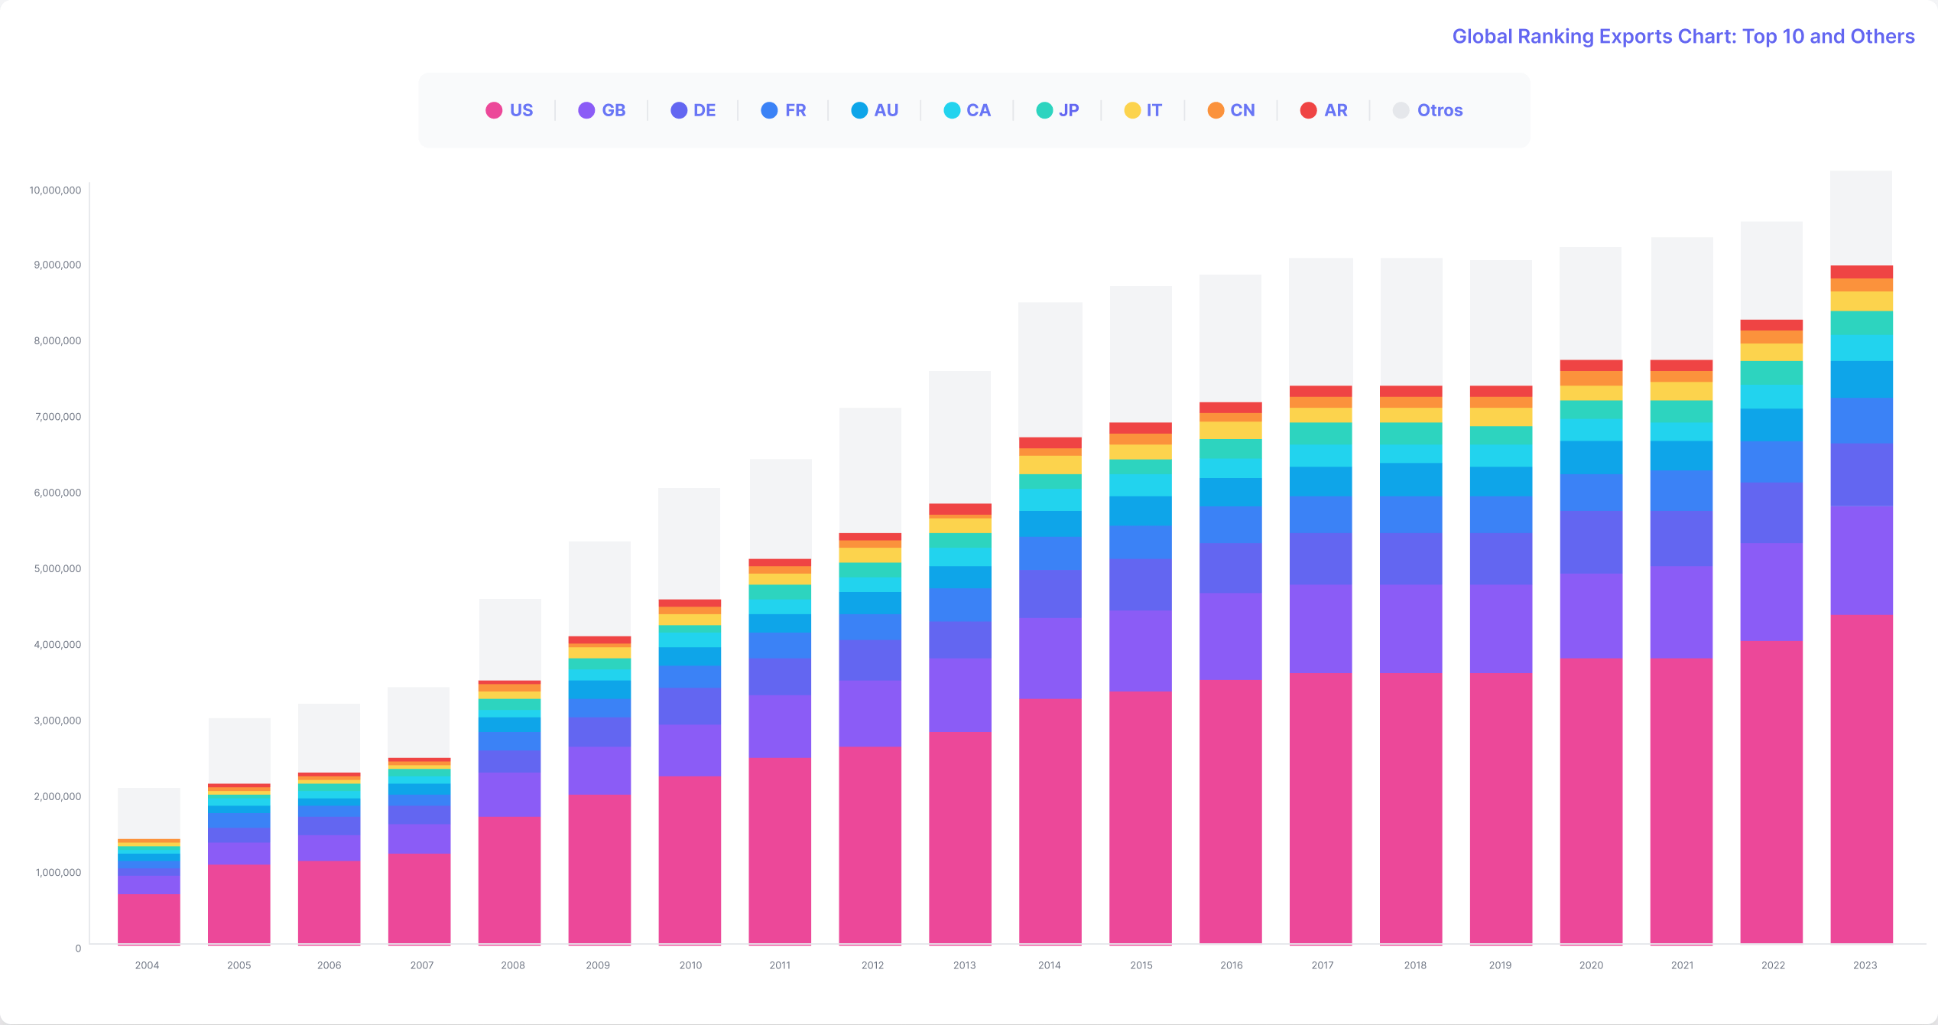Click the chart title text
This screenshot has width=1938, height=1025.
tap(1683, 36)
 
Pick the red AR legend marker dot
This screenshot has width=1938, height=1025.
tap(1308, 110)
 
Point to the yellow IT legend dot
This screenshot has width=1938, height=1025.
tap(1132, 110)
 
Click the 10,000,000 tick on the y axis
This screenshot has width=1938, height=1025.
tap(55, 190)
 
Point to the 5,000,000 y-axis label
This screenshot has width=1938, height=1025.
tap(57, 568)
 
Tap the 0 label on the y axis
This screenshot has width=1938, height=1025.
tap(78, 949)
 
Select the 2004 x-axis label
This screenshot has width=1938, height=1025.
tap(147, 965)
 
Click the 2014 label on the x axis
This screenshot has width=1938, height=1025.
tap(1049, 965)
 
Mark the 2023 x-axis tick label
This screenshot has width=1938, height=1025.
tap(1865, 965)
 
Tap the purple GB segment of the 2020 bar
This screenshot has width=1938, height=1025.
tap(1590, 616)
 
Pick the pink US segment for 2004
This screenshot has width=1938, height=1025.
tap(148, 919)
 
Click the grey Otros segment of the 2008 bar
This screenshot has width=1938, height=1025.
tap(509, 639)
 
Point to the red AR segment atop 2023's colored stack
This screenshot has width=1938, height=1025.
tap(1861, 272)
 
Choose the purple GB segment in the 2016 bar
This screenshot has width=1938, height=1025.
tap(1230, 636)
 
